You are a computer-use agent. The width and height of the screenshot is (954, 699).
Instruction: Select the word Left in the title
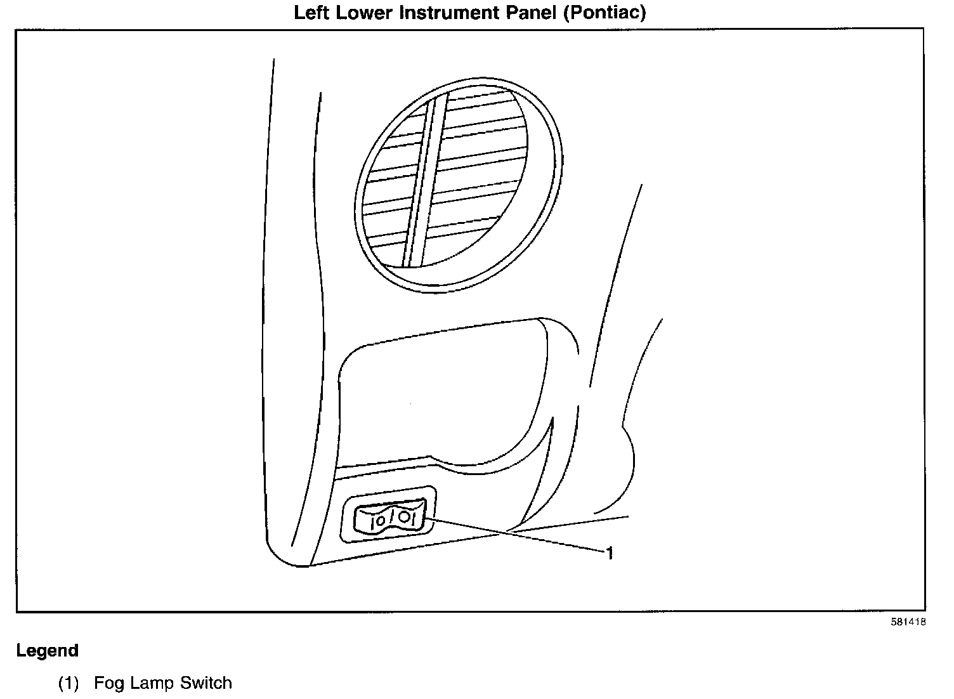coord(310,13)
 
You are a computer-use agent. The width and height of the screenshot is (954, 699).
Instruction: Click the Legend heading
coord(48,651)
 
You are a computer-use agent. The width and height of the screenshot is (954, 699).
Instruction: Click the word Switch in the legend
coord(206,683)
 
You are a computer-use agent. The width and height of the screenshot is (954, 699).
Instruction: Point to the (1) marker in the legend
coord(69,684)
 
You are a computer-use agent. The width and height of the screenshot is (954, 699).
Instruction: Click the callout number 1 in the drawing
coord(610,554)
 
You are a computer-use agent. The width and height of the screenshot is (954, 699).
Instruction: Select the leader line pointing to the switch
coord(514,535)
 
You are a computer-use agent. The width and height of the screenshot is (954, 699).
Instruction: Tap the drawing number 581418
coord(908,622)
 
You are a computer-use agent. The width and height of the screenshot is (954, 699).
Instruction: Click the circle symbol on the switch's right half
coord(404,518)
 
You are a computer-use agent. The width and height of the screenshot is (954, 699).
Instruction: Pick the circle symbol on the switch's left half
coord(379,521)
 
